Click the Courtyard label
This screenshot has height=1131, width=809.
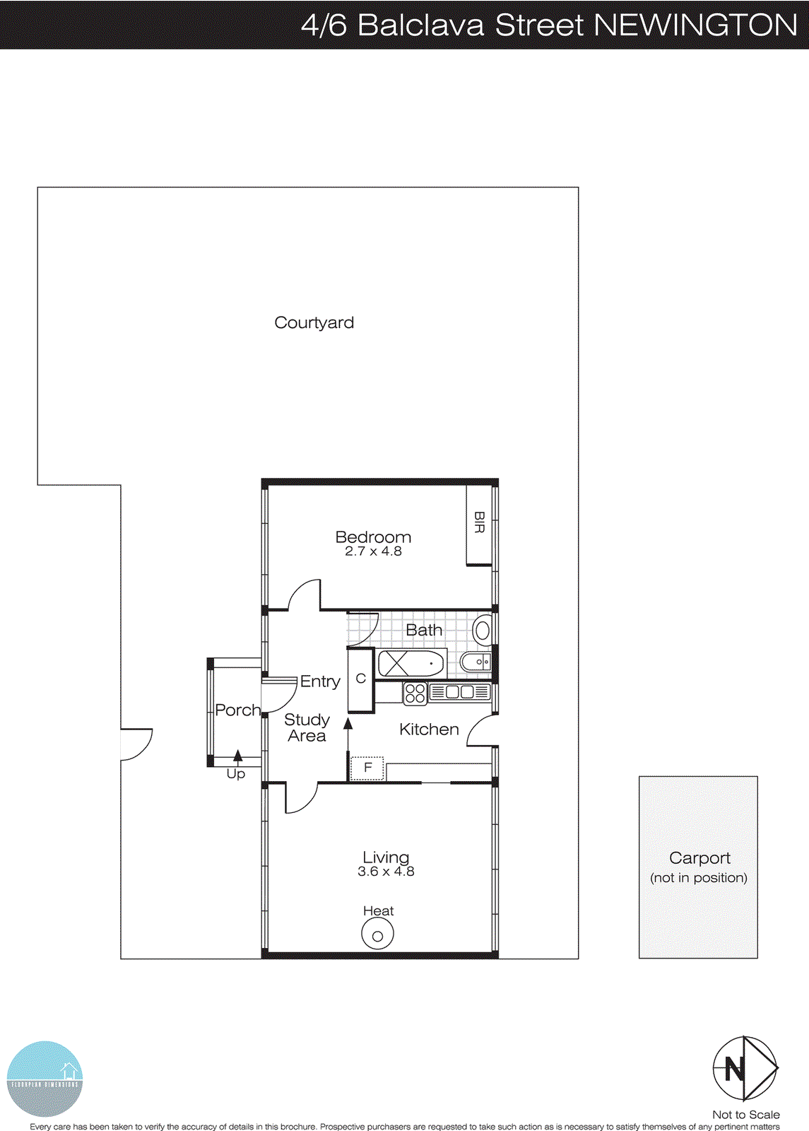[x=314, y=323]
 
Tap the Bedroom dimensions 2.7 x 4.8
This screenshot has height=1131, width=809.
[x=373, y=551]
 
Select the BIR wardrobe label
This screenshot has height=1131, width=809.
[x=479, y=523]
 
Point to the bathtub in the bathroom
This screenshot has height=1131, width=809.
[x=411, y=664]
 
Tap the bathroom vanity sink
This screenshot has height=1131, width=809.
[x=476, y=662]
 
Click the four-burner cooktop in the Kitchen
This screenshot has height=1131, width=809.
[x=415, y=693]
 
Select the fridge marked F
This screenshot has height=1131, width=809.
[x=367, y=768]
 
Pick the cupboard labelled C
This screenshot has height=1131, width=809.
[x=360, y=679]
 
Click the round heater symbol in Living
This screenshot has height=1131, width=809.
[x=377, y=935]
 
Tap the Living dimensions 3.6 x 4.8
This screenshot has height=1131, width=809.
[x=386, y=872]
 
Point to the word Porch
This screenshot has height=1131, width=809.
[x=237, y=710]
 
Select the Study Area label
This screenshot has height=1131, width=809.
[x=307, y=728]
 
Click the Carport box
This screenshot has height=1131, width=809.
[x=698, y=867]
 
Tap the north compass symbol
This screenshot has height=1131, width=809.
[x=745, y=1068]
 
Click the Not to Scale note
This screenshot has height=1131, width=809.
[x=745, y=1115]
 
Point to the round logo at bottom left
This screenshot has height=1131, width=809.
[x=45, y=1079]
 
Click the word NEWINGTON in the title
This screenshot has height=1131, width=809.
[x=695, y=25]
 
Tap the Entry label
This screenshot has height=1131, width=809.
[x=320, y=681]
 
